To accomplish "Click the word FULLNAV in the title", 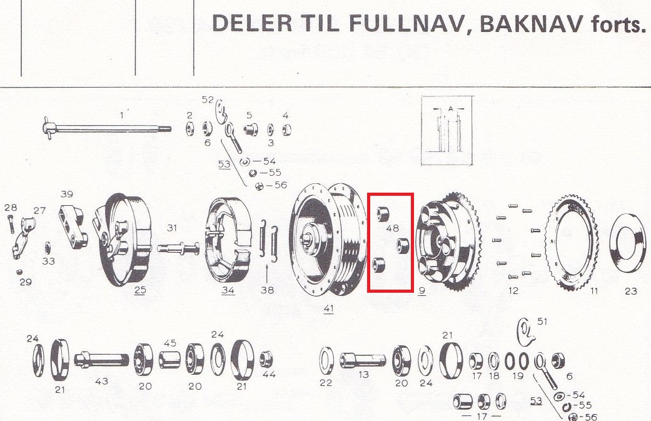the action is pyautogui.click(x=405, y=24).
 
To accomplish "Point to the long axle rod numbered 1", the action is pyautogui.click(x=107, y=128).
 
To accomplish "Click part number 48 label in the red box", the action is pyautogui.click(x=392, y=228).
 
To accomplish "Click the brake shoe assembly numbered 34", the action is pyautogui.click(x=229, y=240).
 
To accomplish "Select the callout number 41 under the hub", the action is pyautogui.click(x=328, y=308).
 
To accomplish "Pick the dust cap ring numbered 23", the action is pyautogui.click(x=629, y=243).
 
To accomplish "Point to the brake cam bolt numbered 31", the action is pyautogui.click(x=178, y=249).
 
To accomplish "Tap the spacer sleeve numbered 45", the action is pyautogui.click(x=170, y=360).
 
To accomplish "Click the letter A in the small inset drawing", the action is pyautogui.click(x=451, y=109).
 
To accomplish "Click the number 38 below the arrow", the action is pyautogui.click(x=268, y=290).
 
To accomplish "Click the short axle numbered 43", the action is pyautogui.click(x=101, y=359).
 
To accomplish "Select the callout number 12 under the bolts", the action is pyautogui.click(x=513, y=291).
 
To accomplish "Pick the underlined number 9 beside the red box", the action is pyautogui.click(x=422, y=290).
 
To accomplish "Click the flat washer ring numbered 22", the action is pyautogui.click(x=326, y=360).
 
